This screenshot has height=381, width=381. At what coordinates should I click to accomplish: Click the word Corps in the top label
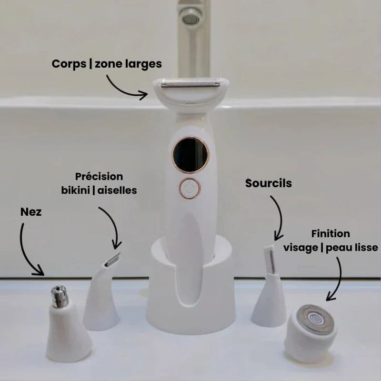(x=69, y=64)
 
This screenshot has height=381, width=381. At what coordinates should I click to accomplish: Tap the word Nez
(x=31, y=212)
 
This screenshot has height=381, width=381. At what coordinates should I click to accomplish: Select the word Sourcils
(x=269, y=183)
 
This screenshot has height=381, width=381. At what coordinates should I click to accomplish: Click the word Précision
(x=99, y=176)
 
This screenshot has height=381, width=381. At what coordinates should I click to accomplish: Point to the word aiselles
(x=117, y=190)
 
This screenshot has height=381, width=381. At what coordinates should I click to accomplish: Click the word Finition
(x=331, y=234)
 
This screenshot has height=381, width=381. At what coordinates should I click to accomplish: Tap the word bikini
(x=75, y=190)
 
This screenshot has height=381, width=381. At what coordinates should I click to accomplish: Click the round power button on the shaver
(x=190, y=188)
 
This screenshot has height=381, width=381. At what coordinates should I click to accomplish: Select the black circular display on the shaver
(x=191, y=155)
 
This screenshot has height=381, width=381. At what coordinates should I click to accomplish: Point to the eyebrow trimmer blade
(x=270, y=259)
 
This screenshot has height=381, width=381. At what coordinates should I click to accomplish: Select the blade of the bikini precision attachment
(x=113, y=260)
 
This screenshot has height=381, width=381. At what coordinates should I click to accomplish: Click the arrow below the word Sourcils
(x=281, y=216)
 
